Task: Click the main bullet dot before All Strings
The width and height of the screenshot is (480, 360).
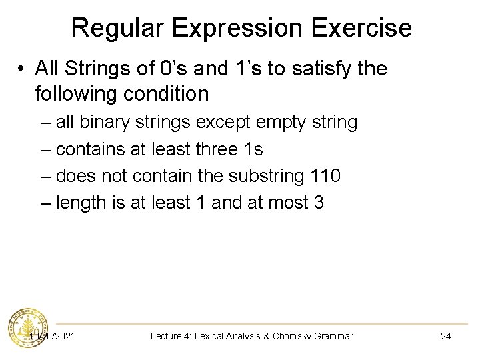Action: tap(21, 69)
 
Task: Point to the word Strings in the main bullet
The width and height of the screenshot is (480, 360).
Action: tap(94, 68)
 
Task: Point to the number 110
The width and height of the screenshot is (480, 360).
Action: tap(325, 176)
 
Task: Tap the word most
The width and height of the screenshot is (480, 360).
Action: tap(282, 203)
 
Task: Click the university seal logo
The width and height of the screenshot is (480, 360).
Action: tap(27, 329)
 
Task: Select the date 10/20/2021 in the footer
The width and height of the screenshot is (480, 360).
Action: tap(52, 336)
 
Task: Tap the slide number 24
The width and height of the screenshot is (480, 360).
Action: tap(445, 336)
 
